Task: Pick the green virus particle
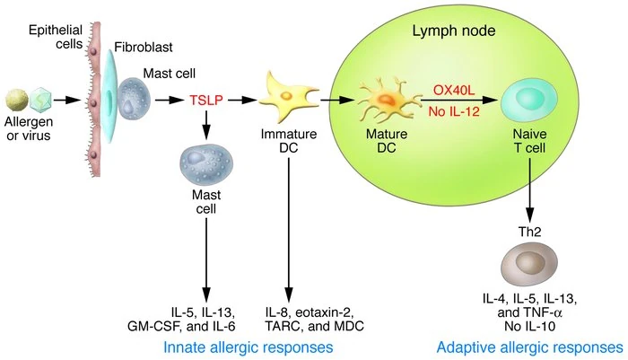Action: point(40,97)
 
